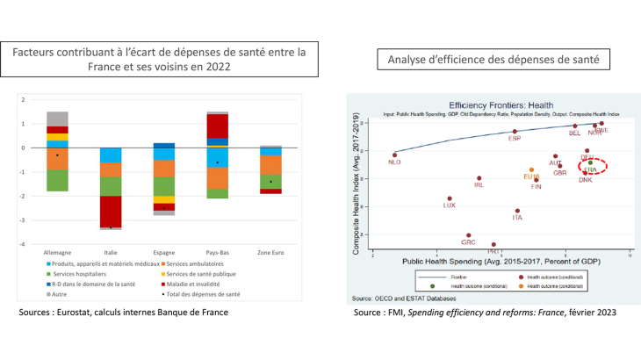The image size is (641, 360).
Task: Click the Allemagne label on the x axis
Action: (x=57, y=251)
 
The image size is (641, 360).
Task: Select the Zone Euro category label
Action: (x=270, y=251)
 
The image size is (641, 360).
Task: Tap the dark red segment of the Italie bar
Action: (x=111, y=212)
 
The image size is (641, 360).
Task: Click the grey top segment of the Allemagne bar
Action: (x=57, y=119)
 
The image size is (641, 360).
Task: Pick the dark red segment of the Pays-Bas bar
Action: (x=217, y=126)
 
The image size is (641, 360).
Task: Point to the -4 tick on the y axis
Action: (x=23, y=243)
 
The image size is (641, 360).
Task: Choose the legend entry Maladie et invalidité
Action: (x=198, y=284)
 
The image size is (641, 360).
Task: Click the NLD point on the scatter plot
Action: (x=394, y=154)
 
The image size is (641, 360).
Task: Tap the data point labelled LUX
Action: (x=450, y=198)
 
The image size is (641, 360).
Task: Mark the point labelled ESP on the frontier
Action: (x=515, y=132)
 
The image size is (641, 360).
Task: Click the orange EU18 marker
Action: (x=531, y=170)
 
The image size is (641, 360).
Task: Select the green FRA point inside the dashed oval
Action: (x=590, y=162)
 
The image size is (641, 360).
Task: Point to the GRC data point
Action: (x=469, y=235)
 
